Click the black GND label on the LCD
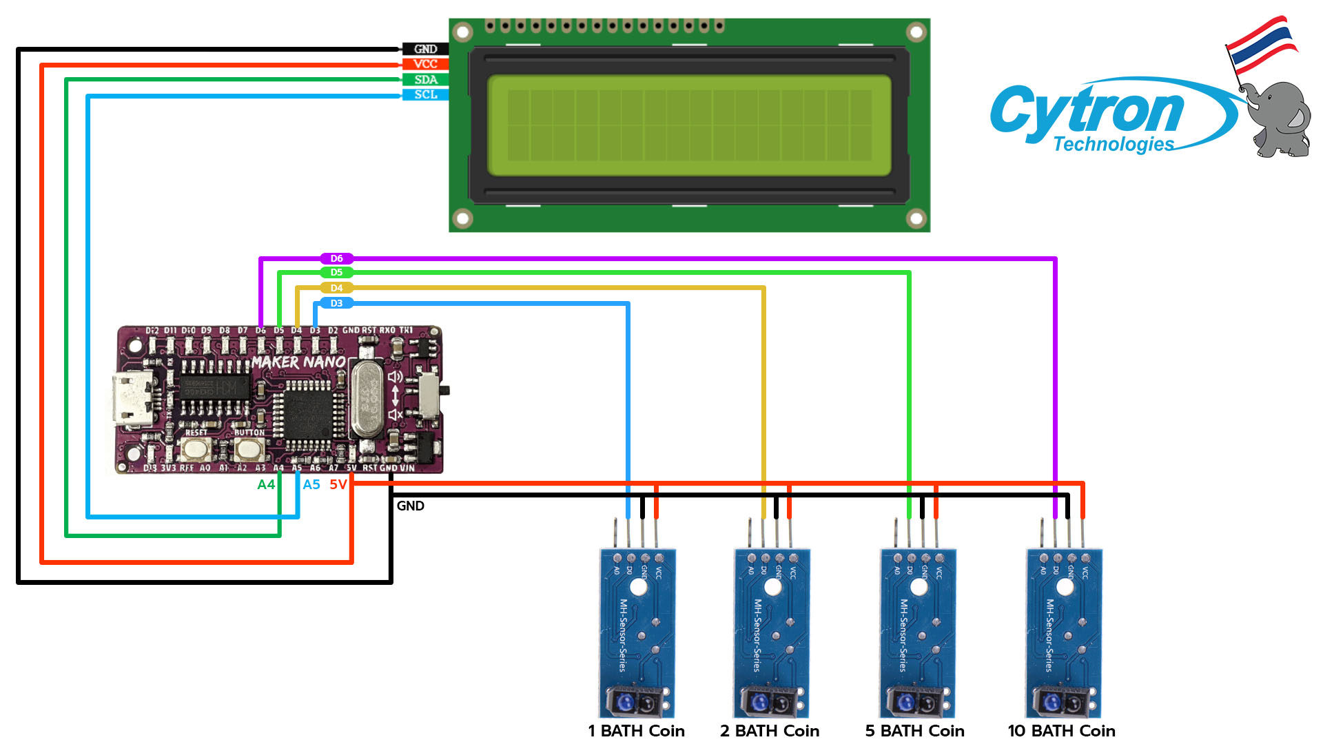tap(425, 49)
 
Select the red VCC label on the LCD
tap(425, 64)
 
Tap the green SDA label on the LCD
tap(425, 80)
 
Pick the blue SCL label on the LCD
tap(425, 94)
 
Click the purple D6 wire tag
tap(336, 258)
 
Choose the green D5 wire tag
tap(336, 273)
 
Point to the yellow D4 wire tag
tap(336, 288)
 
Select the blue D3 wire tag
tap(336, 303)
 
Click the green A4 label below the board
tap(266, 485)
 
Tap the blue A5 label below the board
tap(311, 485)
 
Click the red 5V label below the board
tap(338, 485)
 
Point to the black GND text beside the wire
tap(411, 506)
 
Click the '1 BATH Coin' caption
tap(636, 731)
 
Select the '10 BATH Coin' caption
tap(1061, 731)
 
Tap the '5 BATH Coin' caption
tap(914, 731)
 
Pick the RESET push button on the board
tap(196, 450)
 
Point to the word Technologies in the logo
tap(1114, 144)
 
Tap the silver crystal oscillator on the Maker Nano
tap(367, 400)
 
